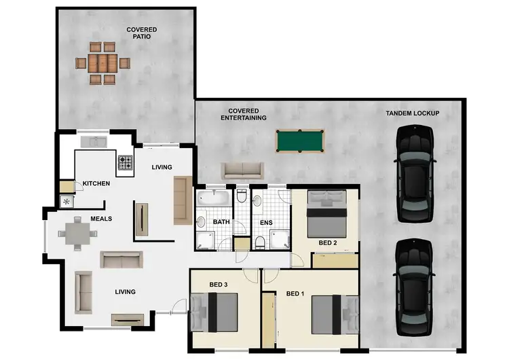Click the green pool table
[301, 141]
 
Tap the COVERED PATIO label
[142, 33]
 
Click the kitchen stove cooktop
[126, 162]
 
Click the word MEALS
[101, 219]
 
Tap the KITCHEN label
[96, 183]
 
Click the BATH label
[222, 222]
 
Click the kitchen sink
[94, 141]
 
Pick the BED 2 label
[328, 242]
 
